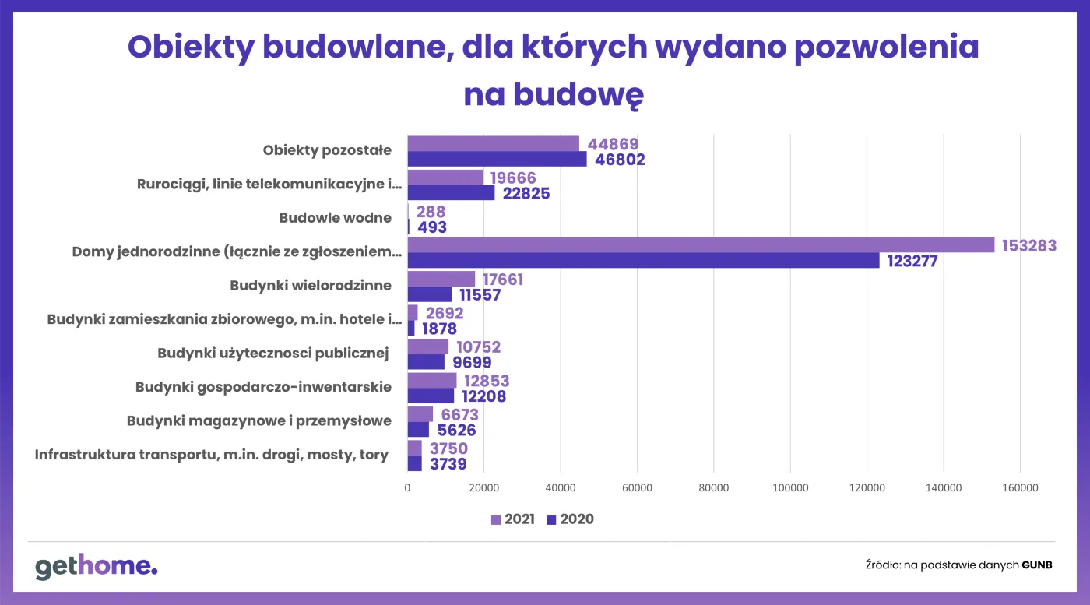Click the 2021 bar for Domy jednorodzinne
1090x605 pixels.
pos(701,244)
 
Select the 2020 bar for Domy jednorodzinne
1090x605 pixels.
pos(643,261)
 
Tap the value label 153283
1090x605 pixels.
pos(1028,245)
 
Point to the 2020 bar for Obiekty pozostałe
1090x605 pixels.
pos(497,160)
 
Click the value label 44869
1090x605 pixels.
pos(613,144)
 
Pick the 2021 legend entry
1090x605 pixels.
pos(512,519)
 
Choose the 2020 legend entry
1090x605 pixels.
pos(571,519)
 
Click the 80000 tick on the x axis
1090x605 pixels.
pos(713,488)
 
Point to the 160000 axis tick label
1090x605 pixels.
pos(1020,488)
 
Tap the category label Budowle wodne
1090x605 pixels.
pos(335,218)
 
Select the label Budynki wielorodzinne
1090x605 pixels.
pos(311,286)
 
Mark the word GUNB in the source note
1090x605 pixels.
pos(1036,565)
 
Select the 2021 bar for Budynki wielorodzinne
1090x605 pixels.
pos(441,279)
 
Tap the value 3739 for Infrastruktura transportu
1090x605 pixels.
pos(448,464)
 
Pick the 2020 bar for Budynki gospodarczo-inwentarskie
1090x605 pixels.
pos(431,396)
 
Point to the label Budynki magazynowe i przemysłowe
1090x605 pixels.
pos(259,421)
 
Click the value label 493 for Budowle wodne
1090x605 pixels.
pos(431,227)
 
